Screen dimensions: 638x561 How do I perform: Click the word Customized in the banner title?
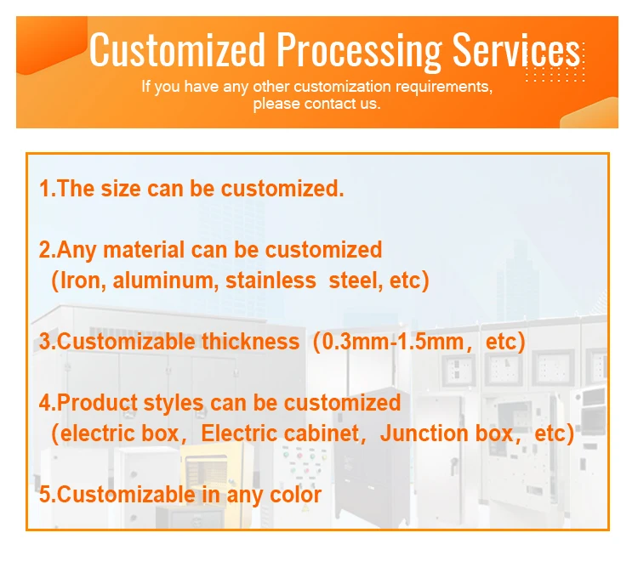click(x=177, y=49)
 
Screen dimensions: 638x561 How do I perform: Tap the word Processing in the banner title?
click(x=359, y=52)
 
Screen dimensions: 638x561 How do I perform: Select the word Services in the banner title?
click(x=516, y=49)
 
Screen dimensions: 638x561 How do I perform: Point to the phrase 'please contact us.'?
click(x=317, y=104)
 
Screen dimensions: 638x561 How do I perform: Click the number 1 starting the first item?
click(x=45, y=189)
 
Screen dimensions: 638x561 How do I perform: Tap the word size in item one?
click(x=121, y=189)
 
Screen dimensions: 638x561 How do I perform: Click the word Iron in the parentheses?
click(x=83, y=280)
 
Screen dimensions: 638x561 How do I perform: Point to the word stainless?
click(x=271, y=280)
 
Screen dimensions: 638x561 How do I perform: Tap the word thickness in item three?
click(x=251, y=342)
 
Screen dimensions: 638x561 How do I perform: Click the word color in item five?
click(x=295, y=495)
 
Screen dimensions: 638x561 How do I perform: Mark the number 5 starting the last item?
click(x=44, y=495)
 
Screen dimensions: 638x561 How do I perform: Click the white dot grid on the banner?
click(x=555, y=62)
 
